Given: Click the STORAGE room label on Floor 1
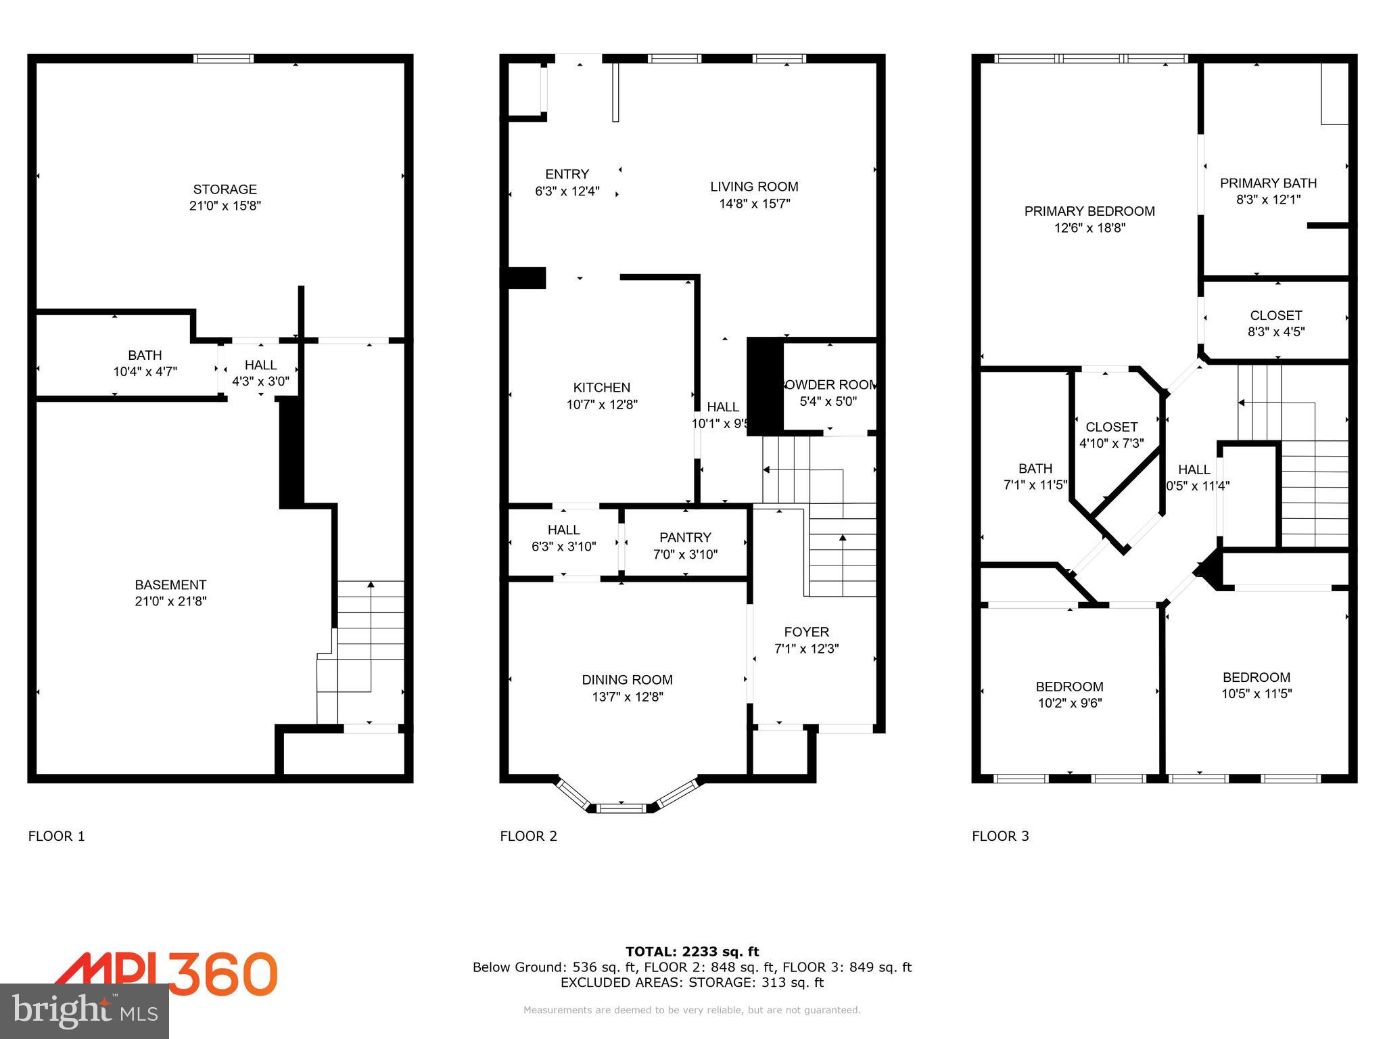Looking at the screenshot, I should pyautogui.click(x=225, y=189).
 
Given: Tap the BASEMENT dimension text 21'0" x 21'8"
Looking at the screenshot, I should pyautogui.click(x=170, y=601).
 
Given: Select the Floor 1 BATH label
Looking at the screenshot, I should pyautogui.click(x=145, y=355).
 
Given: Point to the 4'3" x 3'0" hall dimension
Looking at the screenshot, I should pyautogui.click(x=260, y=382).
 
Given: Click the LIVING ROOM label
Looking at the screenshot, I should pyautogui.click(x=754, y=187).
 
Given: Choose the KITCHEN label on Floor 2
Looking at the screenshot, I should pyautogui.click(x=601, y=388).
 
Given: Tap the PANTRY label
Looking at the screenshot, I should pyautogui.click(x=685, y=537).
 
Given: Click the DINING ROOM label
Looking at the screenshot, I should pyautogui.click(x=627, y=680).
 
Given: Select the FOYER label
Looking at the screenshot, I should pyautogui.click(x=806, y=632).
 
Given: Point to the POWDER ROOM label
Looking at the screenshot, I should pyautogui.click(x=829, y=385).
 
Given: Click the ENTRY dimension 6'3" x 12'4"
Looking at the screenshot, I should pyautogui.click(x=567, y=191).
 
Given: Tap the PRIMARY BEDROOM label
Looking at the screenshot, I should pyautogui.click(x=1089, y=211).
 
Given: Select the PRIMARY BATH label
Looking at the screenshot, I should pyautogui.click(x=1268, y=183).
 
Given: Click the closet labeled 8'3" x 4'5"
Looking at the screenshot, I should pyautogui.click(x=1275, y=331).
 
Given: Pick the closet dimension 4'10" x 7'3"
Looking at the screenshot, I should pyautogui.click(x=1111, y=444).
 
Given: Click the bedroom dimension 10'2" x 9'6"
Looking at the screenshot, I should pyautogui.click(x=1070, y=703).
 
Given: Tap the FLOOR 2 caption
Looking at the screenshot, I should pyautogui.click(x=528, y=836).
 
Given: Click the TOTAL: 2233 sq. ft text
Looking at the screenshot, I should pyautogui.click(x=692, y=952).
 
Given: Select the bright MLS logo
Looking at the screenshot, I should pyautogui.click(x=85, y=1011).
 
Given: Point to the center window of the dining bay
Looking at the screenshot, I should pyautogui.click(x=623, y=807).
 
